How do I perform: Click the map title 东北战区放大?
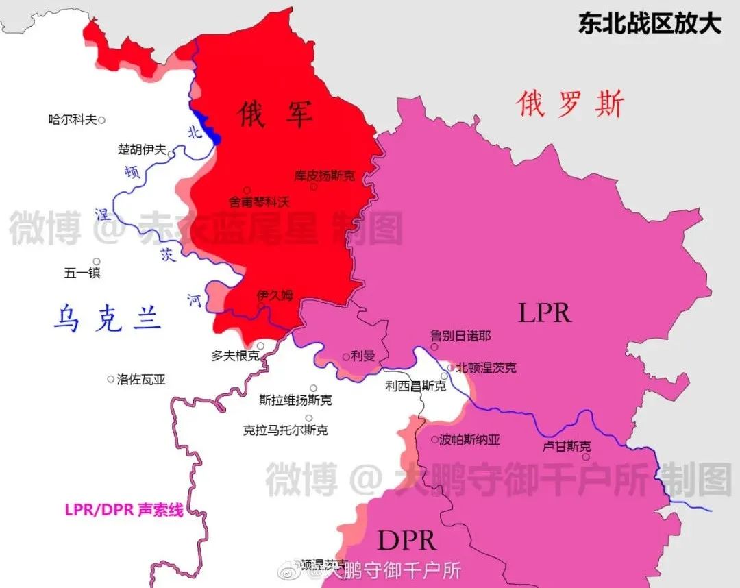pos(650,23)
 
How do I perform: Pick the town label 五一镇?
pos(82,273)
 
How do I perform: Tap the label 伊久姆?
pos(274,295)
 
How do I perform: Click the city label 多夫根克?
pos(235,356)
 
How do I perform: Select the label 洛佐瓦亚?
pos(142,379)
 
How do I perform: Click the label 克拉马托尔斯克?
pos(285,430)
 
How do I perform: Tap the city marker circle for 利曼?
pos(345,356)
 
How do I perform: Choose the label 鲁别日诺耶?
pos(460,336)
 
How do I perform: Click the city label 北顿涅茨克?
pos(486,368)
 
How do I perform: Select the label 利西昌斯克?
pos(415,387)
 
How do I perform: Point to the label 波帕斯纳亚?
pos(469,440)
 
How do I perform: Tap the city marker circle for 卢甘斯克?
pos(586,456)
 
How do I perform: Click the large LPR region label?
pos(545,313)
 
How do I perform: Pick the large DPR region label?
pos(407,540)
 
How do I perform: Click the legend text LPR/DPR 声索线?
pos(124,510)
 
